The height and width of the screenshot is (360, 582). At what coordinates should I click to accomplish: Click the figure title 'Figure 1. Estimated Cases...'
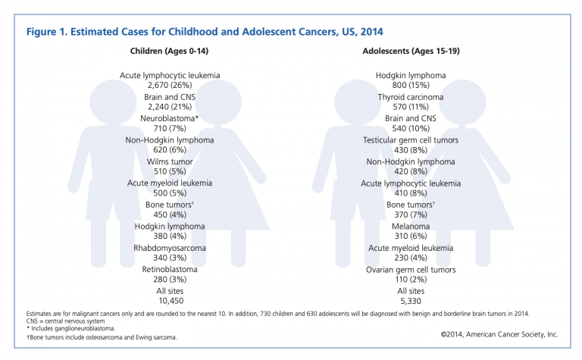click(205, 32)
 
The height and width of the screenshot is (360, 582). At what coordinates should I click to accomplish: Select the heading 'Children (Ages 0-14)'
click(169, 52)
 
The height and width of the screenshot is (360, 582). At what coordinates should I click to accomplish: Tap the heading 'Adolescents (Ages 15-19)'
click(411, 52)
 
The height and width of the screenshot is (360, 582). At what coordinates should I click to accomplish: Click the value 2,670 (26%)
click(170, 86)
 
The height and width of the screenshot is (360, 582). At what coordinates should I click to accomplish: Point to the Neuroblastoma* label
click(170, 118)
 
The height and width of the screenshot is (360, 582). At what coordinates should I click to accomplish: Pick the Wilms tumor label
click(170, 162)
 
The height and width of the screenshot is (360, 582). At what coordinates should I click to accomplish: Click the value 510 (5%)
click(170, 171)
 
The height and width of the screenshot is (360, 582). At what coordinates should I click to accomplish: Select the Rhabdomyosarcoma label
click(170, 248)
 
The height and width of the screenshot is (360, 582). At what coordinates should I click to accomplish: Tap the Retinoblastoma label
click(170, 270)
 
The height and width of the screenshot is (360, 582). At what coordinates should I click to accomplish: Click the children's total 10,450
click(171, 301)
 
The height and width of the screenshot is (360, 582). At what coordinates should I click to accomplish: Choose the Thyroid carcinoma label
click(411, 97)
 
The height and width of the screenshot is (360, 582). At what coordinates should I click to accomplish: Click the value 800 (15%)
click(411, 86)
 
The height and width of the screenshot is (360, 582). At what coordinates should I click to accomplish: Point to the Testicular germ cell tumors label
click(411, 140)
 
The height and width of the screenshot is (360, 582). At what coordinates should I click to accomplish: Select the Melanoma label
click(411, 227)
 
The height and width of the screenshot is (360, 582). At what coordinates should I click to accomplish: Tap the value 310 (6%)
click(411, 236)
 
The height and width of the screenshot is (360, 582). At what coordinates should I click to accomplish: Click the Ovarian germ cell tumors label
click(411, 270)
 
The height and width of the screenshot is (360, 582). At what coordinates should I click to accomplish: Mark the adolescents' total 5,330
click(411, 301)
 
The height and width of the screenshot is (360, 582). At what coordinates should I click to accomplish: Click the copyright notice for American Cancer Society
click(499, 334)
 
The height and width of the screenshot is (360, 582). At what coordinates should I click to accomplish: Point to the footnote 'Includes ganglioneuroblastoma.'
click(71, 328)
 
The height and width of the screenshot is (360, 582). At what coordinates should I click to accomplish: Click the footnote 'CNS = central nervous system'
click(65, 321)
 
